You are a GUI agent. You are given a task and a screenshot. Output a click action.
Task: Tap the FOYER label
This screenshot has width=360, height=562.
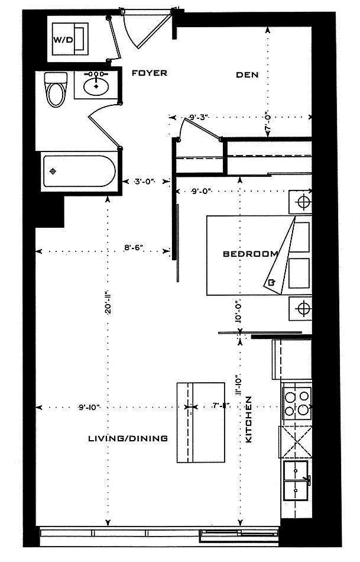coord(150,73)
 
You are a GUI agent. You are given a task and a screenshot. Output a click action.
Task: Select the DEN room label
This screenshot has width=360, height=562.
coord(248,75)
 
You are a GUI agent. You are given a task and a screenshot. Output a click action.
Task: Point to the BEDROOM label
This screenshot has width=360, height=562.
coord(250,254)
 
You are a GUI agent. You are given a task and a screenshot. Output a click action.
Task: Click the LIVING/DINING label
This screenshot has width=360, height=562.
coord(128,438)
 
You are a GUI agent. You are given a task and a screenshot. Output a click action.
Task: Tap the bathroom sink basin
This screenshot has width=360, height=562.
coord(96,87)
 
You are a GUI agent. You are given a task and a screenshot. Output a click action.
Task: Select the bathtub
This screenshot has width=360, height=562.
coord(77,171)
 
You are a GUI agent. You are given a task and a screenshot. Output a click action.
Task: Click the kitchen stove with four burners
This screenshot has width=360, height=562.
coord(297,402)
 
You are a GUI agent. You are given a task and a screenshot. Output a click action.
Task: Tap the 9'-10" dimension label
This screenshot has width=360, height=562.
coord(89,406)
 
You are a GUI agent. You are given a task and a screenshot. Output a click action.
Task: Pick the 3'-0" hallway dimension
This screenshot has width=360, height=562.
coord(144,181)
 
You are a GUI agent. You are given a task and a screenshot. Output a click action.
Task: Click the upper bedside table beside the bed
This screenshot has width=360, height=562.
coord(300,202)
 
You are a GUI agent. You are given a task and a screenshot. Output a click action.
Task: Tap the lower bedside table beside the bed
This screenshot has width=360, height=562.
coord(300,308)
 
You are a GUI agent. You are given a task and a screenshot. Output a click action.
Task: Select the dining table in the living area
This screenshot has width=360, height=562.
coord(202,422)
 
